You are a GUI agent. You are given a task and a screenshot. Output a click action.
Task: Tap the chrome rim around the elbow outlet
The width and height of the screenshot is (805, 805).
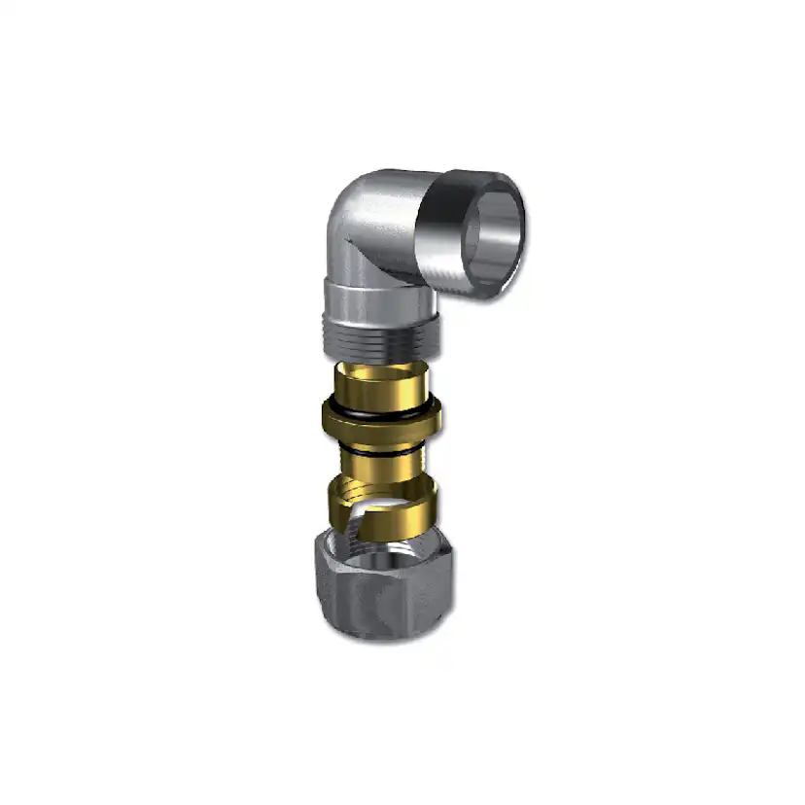tap(513, 194)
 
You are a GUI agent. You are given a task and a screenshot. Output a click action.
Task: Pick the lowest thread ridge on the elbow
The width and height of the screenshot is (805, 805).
tap(381, 351)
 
